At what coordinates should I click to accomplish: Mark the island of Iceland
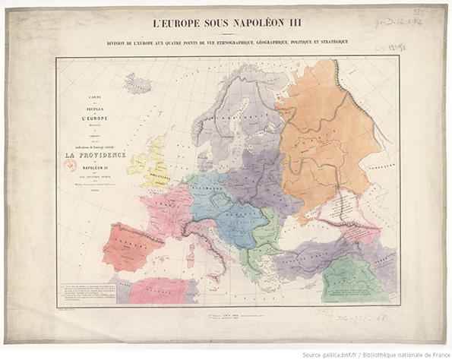pos(137,84)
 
